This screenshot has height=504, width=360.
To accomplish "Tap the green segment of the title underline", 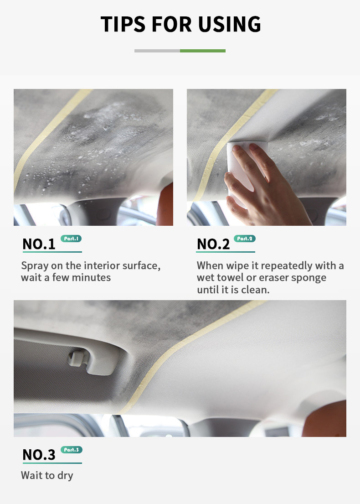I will click(202, 51).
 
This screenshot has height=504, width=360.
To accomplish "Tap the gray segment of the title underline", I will click(157, 51).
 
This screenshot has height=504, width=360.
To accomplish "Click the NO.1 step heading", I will click(39, 244).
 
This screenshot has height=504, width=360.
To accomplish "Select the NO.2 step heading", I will click(213, 244).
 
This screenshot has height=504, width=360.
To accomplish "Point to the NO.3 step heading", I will click(39, 454).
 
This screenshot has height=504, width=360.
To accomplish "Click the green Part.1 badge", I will click(71, 239).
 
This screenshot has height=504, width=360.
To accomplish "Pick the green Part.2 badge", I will click(245, 239).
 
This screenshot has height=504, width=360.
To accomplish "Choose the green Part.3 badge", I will click(71, 450).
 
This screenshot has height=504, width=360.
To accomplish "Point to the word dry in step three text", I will click(65, 476).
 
